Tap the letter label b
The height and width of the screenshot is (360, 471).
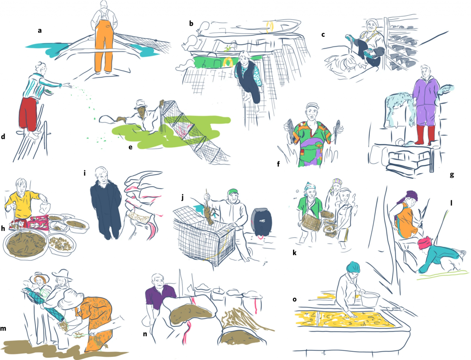[191, 23]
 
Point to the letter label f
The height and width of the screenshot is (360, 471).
[278, 164]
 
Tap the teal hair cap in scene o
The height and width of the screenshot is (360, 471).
[352, 267]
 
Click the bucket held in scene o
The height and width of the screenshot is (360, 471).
[370, 300]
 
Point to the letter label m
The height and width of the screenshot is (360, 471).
[3, 328]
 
